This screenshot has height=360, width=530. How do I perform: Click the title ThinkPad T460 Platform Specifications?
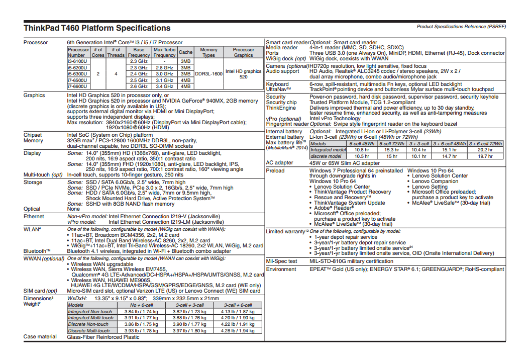97,28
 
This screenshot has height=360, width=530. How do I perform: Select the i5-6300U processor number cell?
78,73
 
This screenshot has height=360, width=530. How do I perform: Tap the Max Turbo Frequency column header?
164,52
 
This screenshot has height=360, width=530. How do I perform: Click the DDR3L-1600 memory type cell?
208,73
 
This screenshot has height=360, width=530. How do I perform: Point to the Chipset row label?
33,135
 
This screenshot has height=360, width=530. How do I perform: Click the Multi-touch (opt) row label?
44,174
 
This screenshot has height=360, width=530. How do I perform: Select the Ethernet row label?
34,216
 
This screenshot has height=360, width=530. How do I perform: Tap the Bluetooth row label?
37,251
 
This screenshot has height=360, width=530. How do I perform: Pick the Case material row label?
40,336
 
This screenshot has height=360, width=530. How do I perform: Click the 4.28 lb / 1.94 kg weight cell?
238,330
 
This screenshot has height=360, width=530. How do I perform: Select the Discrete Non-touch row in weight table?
89,324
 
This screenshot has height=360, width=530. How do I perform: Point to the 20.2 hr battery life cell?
485,150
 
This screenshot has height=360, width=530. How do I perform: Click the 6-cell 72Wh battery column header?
391,143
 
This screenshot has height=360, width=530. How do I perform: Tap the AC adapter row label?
280,163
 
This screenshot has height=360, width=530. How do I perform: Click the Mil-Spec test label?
282,261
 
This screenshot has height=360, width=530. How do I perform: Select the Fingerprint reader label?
287,124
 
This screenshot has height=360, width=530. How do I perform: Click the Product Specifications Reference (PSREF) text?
461,26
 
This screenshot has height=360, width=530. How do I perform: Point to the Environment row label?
281,269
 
